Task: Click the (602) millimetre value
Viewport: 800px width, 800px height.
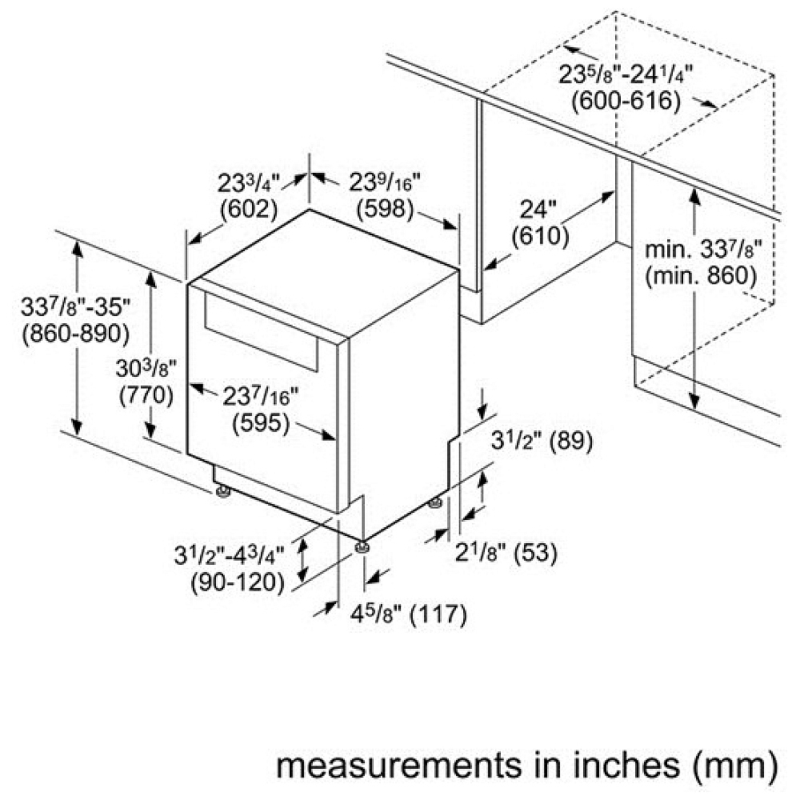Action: coord(249,209)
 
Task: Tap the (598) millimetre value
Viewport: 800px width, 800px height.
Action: coord(386,209)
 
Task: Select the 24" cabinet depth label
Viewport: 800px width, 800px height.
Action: coord(538,210)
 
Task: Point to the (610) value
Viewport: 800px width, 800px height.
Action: coord(540,236)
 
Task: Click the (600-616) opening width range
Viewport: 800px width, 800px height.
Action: coord(626,101)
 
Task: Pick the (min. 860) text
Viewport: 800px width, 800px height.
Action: coord(701,277)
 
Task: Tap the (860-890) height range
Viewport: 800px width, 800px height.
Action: coord(75,334)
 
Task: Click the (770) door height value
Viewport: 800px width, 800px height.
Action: coord(146,396)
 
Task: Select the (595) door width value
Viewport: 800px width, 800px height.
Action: coord(261,423)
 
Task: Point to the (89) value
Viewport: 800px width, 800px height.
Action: coord(571,441)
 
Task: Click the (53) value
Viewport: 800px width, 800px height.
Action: coord(536,553)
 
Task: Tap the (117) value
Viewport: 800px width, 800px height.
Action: coord(438,614)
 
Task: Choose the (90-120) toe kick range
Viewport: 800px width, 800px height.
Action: coord(238,582)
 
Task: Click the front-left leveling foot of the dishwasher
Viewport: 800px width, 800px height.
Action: coord(223,492)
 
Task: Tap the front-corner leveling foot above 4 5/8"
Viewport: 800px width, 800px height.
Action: coord(362,546)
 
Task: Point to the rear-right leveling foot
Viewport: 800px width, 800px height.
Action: coord(434,503)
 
